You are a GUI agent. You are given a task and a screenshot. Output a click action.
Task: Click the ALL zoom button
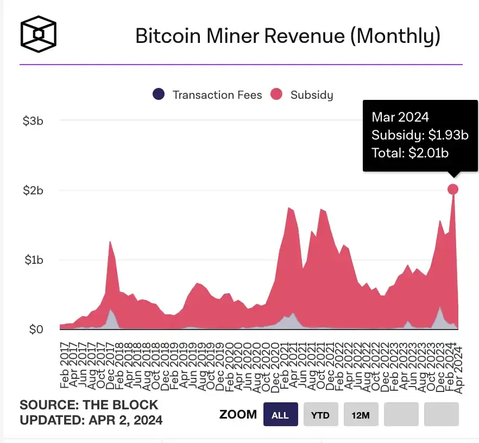tap(280, 415)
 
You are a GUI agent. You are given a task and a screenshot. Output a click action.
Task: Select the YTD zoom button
tap(320, 415)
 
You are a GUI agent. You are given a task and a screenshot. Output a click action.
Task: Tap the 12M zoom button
tap(361, 415)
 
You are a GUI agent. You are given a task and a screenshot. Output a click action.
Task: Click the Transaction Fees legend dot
tap(159, 94)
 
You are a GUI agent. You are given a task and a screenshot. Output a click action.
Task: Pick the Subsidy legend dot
tap(277, 94)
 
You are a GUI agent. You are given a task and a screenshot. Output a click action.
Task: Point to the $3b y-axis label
tap(33, 121)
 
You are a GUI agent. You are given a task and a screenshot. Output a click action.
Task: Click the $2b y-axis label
tap(33, 191)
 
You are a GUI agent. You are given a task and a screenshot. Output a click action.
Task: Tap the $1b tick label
tap(33, 260)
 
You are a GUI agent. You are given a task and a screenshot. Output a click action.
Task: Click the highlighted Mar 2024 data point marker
tap(453, 189)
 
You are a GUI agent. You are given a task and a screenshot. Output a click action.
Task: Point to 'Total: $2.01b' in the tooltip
tap(410, 153)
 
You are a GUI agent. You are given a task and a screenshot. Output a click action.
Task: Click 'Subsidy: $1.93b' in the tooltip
tap(420, 135)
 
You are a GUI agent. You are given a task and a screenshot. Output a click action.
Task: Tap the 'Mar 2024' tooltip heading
tap(400, 117)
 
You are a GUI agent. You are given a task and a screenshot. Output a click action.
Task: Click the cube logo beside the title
tap(38, 34)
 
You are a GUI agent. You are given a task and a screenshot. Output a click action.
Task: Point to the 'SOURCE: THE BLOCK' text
tap(89, 405)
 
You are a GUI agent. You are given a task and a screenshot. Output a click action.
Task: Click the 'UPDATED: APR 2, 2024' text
tap(91, 420)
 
